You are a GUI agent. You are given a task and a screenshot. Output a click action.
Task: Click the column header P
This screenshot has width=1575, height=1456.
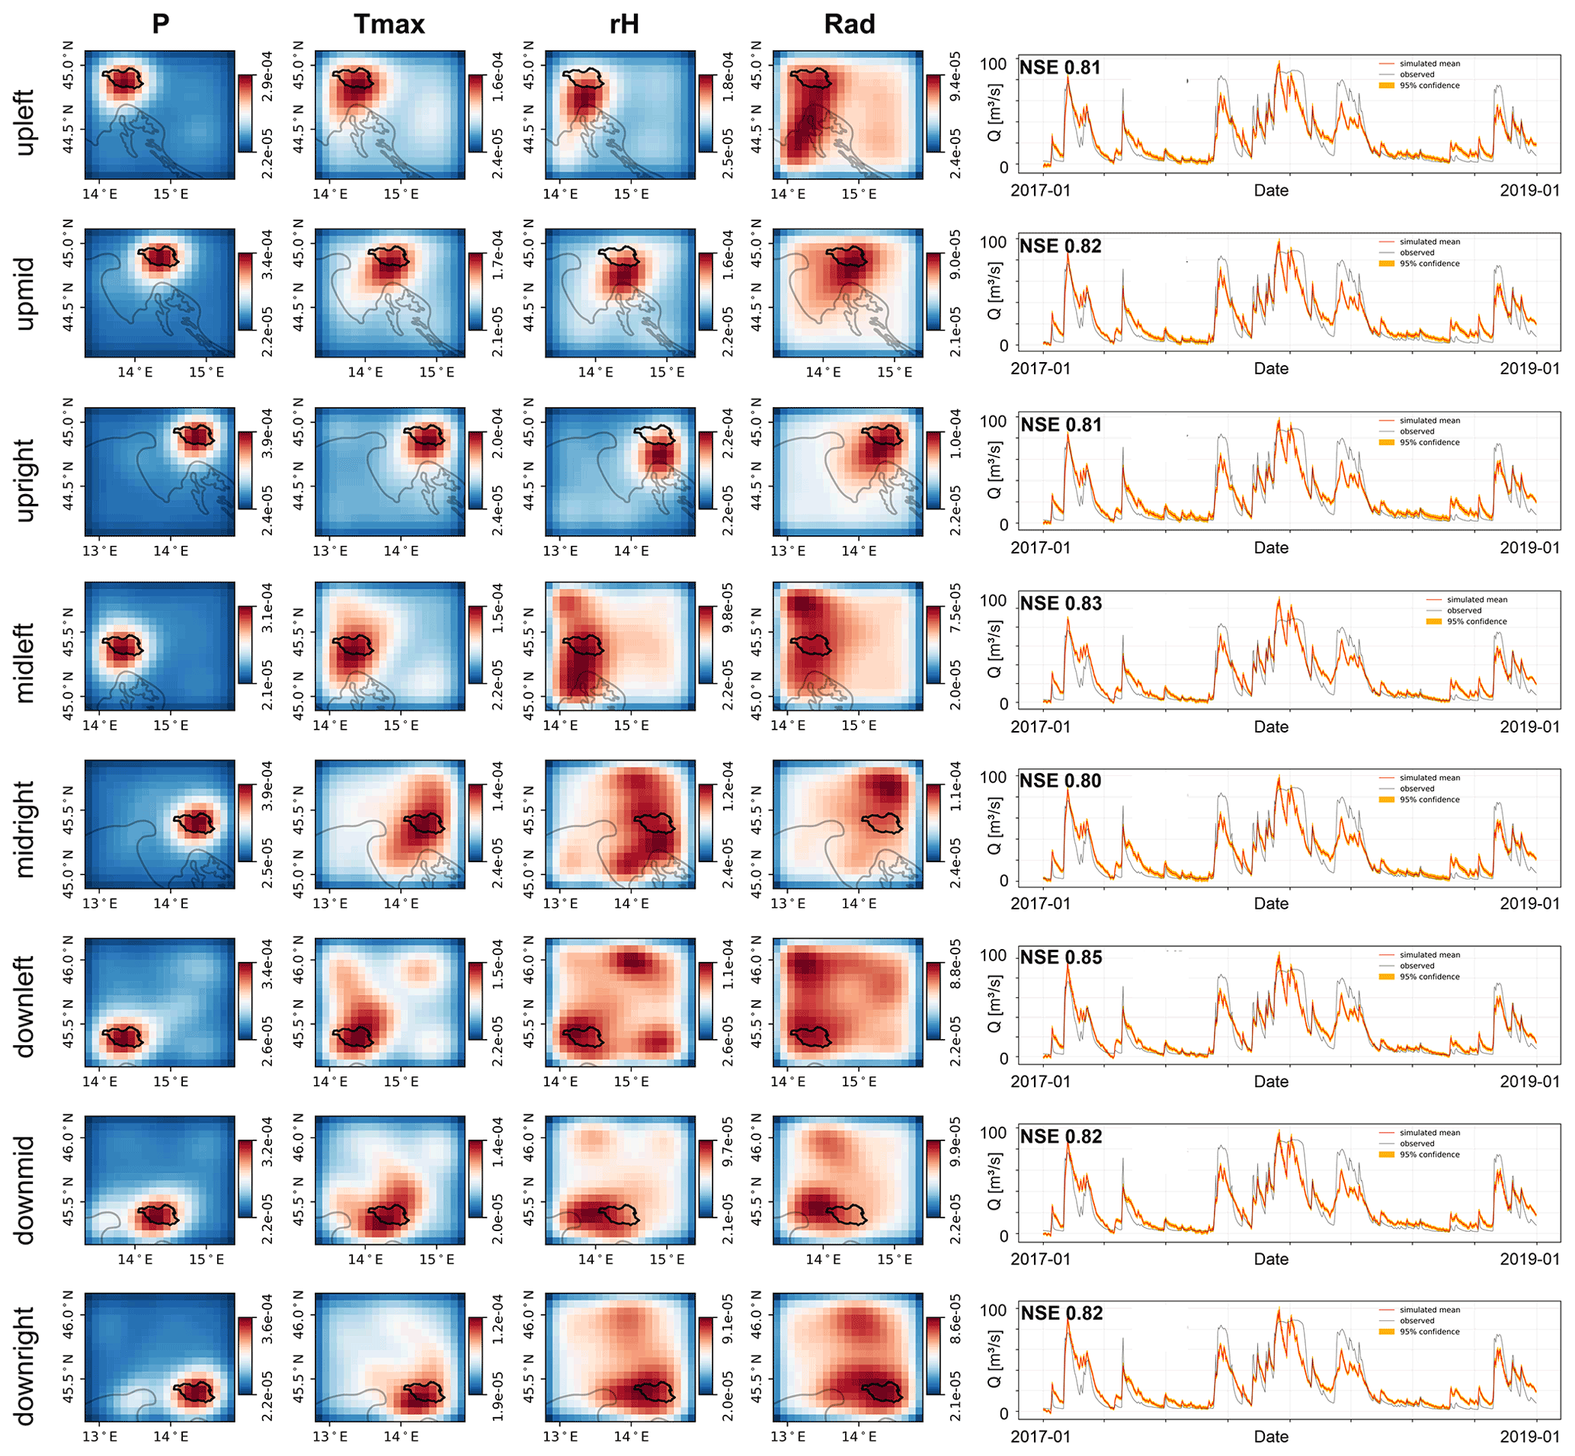(161, 24)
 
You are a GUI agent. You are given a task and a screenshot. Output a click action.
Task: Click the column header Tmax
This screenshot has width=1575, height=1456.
(389, 24)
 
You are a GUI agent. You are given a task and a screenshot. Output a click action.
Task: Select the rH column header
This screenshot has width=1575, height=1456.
(624, 24)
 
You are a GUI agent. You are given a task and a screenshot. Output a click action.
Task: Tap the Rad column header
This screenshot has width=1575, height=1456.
(850, 24)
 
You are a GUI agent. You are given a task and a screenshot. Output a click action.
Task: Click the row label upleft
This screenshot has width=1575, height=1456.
(24, 122)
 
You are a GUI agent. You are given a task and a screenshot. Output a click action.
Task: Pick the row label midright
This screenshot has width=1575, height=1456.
(24, 829)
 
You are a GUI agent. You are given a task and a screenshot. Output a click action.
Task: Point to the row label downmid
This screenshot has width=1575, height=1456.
(24, 1191)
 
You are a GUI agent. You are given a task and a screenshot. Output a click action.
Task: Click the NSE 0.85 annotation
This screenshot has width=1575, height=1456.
(1061, 958)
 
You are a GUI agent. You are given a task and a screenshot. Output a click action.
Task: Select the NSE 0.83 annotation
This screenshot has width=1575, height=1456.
(1061, 605)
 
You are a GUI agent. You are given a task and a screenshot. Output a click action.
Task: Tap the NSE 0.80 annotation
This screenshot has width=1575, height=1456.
(1061, 781)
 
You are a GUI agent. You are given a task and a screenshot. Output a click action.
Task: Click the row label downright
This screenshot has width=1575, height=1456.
(24, 1367)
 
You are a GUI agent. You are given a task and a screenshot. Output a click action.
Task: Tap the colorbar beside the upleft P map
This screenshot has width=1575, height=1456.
(246, 113)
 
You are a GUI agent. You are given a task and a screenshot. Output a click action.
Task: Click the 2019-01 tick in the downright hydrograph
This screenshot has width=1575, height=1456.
(1529, 1436)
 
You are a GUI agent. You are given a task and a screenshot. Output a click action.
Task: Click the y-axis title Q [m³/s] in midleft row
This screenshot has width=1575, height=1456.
(994, 648)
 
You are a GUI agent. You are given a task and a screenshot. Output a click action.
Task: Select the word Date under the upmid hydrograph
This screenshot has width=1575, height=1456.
(1271, 369)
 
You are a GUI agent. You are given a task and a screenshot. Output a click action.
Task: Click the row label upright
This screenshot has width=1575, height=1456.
(24, 479)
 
